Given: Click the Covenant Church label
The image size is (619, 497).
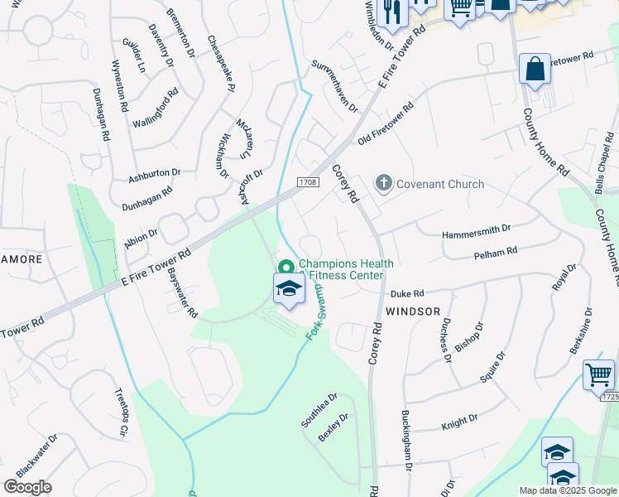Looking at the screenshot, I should (440, 184).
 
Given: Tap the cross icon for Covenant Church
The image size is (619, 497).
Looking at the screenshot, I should (383, 183).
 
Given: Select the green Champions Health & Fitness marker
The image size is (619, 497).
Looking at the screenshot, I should (286, 267).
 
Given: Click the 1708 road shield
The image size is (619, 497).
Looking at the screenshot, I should (309, 181).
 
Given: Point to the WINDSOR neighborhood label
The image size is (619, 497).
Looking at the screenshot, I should (412, 311).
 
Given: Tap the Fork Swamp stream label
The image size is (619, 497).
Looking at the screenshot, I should (316, 311).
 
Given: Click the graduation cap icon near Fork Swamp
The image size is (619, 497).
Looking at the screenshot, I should (289, 289).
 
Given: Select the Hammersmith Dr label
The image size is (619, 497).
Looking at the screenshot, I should (477, 228).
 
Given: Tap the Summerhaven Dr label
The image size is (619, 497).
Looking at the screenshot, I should (334, 86).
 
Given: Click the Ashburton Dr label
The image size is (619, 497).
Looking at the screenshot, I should (154, 176).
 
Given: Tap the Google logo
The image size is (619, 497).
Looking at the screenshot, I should (27, 486).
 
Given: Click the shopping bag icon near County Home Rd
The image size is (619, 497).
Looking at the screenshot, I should (535, 69).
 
